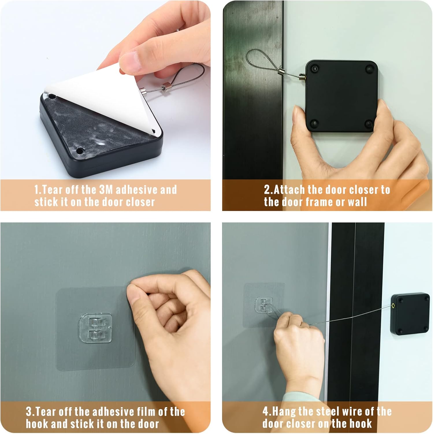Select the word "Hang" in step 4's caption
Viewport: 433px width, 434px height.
click(283, 411)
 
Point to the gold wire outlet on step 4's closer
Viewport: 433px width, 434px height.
click(393, 305)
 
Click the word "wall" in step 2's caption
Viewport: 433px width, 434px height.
click(357, 202)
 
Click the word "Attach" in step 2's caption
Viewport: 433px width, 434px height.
click(289, 190)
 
